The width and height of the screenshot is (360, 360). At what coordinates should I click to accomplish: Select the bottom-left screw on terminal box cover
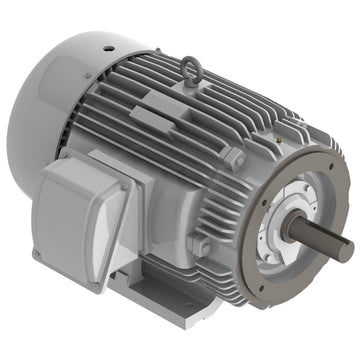tap(37, 254)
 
